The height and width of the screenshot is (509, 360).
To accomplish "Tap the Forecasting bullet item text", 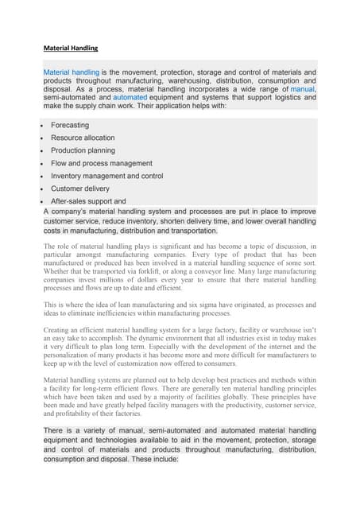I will coord(70,126).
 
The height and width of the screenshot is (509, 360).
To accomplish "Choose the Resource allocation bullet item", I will coord(83,138).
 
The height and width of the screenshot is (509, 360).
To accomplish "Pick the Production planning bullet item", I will coord(83,150).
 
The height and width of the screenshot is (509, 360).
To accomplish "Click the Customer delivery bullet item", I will coord(80,188).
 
